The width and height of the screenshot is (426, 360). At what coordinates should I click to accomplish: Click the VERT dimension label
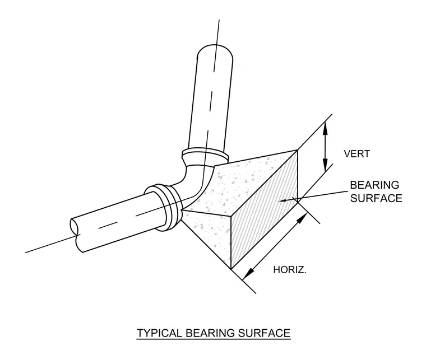pos(356,154)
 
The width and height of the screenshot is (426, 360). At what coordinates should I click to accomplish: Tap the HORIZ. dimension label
pos(290,270)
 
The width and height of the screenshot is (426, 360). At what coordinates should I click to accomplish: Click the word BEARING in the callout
pos(374,185)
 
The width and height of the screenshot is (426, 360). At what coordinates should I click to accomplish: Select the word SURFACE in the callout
pos(376,198)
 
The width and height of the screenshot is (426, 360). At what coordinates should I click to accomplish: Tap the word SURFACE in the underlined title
pos(265,333)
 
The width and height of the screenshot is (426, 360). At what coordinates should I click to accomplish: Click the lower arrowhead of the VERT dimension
pos(325,165)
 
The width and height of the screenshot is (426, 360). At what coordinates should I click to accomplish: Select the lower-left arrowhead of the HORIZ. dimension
pos(248,273)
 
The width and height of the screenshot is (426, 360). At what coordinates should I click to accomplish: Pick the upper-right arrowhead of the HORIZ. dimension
pos(302,218)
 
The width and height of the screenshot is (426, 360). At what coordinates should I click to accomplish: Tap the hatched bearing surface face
pos(264,211)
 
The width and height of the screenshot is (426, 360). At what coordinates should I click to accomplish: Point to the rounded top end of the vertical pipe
pos(215,50)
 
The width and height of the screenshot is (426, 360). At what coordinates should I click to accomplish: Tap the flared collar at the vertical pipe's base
pos(205,156)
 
